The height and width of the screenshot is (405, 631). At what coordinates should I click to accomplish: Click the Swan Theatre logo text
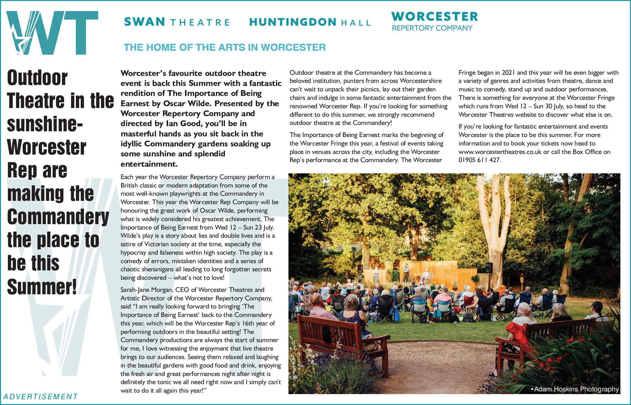[177, 22]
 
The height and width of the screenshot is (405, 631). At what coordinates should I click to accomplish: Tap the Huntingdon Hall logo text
[310, 22]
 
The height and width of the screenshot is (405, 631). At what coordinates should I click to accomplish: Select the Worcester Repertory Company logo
[434, 21]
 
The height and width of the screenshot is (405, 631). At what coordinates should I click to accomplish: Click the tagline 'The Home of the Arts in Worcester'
[224, 47]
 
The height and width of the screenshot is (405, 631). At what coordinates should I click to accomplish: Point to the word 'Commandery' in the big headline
[58, 217]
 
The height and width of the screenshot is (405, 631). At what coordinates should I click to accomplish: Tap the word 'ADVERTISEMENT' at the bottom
[41, 397]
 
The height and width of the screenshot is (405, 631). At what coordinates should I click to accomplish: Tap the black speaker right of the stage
[488, 268]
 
